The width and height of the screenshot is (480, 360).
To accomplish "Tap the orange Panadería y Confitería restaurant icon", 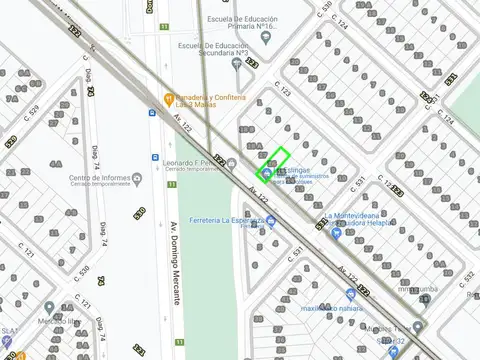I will click(169, 98).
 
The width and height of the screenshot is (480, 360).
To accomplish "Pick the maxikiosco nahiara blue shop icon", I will click(351, 294).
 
